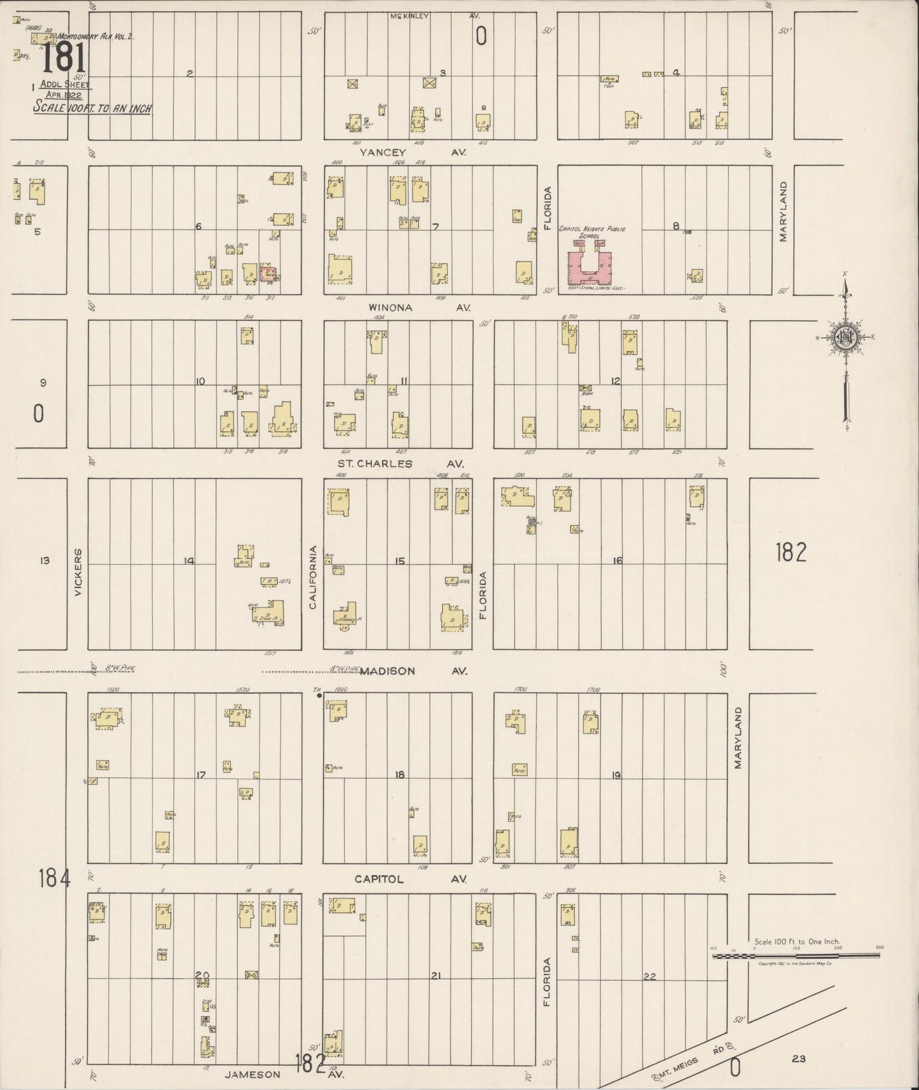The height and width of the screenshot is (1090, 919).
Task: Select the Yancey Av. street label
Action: click(413, 153)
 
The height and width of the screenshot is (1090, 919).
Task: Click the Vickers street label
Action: click(79, 572)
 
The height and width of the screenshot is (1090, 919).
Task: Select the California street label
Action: click(313, 577)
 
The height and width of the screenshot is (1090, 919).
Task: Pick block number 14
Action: click(189, 561)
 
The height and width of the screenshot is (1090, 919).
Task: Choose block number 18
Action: click(399, 775)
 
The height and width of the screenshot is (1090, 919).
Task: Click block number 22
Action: click(649, 977)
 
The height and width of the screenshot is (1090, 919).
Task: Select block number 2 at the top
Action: click(189, 74)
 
